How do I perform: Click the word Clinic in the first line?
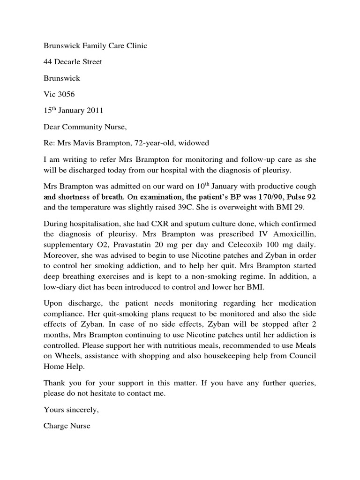(135, 46)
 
